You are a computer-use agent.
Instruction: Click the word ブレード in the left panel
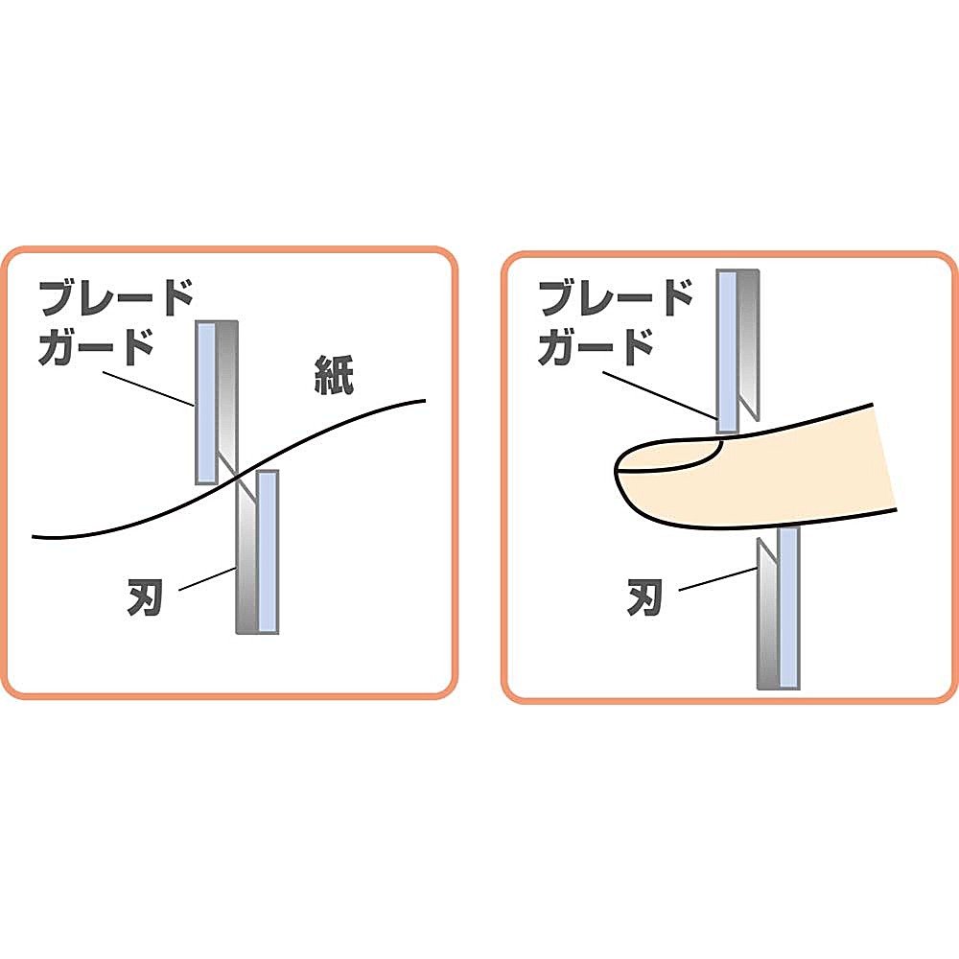point(116,298)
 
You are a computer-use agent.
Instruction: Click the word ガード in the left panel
point(96,347)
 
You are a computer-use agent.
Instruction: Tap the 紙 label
point(334,374)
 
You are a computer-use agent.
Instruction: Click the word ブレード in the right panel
point(616,298)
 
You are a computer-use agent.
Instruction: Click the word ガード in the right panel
point(596,347)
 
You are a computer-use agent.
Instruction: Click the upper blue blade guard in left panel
point(206,402)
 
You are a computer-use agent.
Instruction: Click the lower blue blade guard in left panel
point(268,551)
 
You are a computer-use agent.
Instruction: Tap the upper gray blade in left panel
point(227,398)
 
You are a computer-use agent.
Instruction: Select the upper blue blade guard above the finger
point(728,352)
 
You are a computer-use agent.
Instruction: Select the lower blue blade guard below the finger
point(789,609)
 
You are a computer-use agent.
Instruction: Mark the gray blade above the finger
point(749,345)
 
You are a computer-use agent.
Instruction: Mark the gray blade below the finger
point(768,614)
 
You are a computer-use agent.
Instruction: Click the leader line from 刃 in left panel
point(207,579)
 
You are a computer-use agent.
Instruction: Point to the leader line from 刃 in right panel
point(718,579)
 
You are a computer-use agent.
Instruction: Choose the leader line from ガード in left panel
point(149,389)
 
